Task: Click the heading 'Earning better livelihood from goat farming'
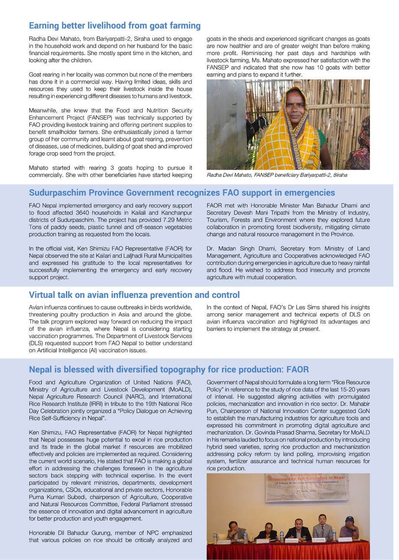pos(114,26)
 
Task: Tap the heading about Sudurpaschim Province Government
pos(182,193)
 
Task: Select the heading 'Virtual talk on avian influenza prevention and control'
pos(134,295)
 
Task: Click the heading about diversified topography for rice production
pos(169,370)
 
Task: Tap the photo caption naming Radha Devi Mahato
pos(277,175)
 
